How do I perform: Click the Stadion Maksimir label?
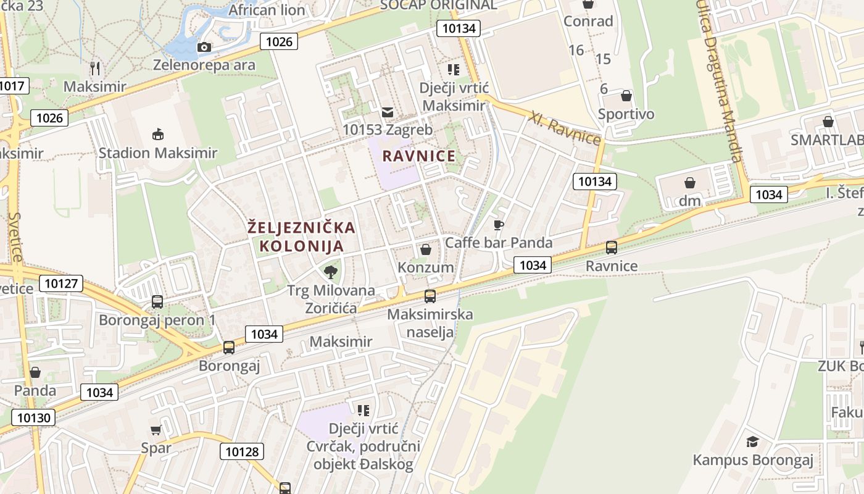coord(158,153)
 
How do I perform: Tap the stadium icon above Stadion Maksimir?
coord(158,134)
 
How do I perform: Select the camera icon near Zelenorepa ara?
coord(204,47)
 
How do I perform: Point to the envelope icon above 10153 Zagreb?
coord(388,112)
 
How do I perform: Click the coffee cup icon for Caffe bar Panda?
coord(499,225)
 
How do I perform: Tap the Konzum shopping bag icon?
coord(425,249)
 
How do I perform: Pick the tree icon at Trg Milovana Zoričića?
coord(331,272)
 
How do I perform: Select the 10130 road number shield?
coord(34,417)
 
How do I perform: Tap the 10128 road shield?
coord(242,451)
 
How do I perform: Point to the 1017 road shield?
coord(12,85)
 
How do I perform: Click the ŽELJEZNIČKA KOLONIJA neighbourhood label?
coord(301,237)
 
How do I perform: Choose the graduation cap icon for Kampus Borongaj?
coord(752,442)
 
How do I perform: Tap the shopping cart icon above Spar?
coord(156,430)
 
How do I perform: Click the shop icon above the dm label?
coord(690,183)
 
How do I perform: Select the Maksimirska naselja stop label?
coord(430,323)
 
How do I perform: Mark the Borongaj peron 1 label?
coord(157,320)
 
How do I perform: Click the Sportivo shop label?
coord(626,114)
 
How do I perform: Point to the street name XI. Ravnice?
coord(565,127)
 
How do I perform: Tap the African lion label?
coord(267,10)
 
